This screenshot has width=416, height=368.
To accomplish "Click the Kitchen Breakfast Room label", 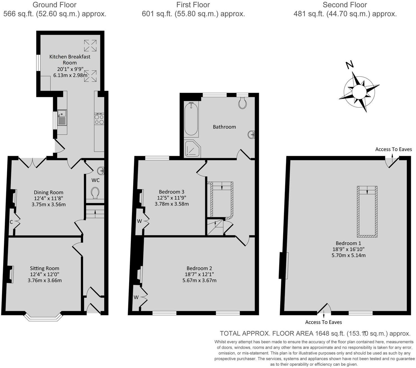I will coord(70,59).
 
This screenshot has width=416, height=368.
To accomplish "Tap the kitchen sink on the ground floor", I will coord(62,117).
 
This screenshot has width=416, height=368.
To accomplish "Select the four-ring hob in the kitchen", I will coord(99,119).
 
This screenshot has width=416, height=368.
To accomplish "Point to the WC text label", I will coord(96,180).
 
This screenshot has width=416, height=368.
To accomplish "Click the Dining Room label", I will coord(49,192).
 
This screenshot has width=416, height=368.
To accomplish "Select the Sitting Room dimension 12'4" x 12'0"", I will coord(45,274).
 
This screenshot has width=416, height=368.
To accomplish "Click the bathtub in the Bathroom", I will coord(191,120).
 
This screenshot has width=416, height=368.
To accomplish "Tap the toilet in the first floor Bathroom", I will coord(242,104).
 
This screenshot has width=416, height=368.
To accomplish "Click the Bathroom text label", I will coord(224,127).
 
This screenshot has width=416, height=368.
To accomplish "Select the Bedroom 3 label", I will coord(172,192).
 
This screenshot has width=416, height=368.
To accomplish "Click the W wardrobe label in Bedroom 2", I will coord(136,297).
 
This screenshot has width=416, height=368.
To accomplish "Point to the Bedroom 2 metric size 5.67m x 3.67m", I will coord(200,280).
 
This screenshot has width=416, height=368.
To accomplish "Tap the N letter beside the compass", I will coord(350,65).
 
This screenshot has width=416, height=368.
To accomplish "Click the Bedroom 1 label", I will coord(348,243).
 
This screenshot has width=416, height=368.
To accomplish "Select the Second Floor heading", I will coord(345,5).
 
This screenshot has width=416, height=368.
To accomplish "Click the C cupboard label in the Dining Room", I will coord(11,222).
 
